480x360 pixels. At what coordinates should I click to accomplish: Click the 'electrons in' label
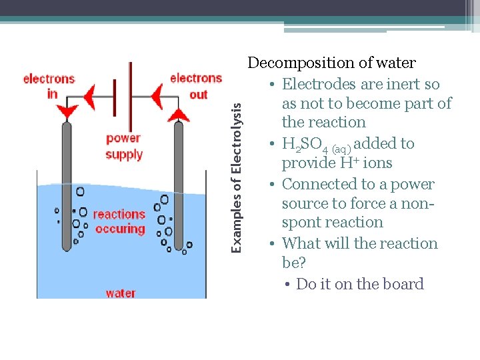(49, 86)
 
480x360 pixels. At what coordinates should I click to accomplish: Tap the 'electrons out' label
(195, 86)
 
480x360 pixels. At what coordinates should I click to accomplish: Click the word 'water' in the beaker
(121, 293)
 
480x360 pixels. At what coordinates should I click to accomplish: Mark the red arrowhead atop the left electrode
(67, 111)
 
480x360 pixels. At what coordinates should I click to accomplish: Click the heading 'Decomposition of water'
(331, 63)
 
